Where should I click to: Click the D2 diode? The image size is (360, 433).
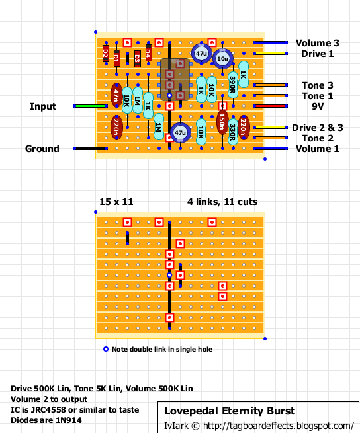[x=106, y=53]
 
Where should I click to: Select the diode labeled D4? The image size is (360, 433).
[x=148, y=52]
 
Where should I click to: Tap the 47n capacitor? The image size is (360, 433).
[x=116, y=95]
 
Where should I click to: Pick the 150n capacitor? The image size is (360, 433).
[x=222, y=122]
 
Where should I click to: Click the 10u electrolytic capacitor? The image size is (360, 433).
[x=222, y=59]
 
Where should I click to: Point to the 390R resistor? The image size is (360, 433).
[x=233, y=85]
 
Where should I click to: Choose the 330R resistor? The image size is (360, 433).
[x=233, y=132]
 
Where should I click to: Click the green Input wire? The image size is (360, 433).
[x=91, y=106]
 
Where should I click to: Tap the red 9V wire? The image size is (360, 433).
[x=271, y=106]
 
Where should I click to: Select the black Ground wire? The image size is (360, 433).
[x=91, y=149]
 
